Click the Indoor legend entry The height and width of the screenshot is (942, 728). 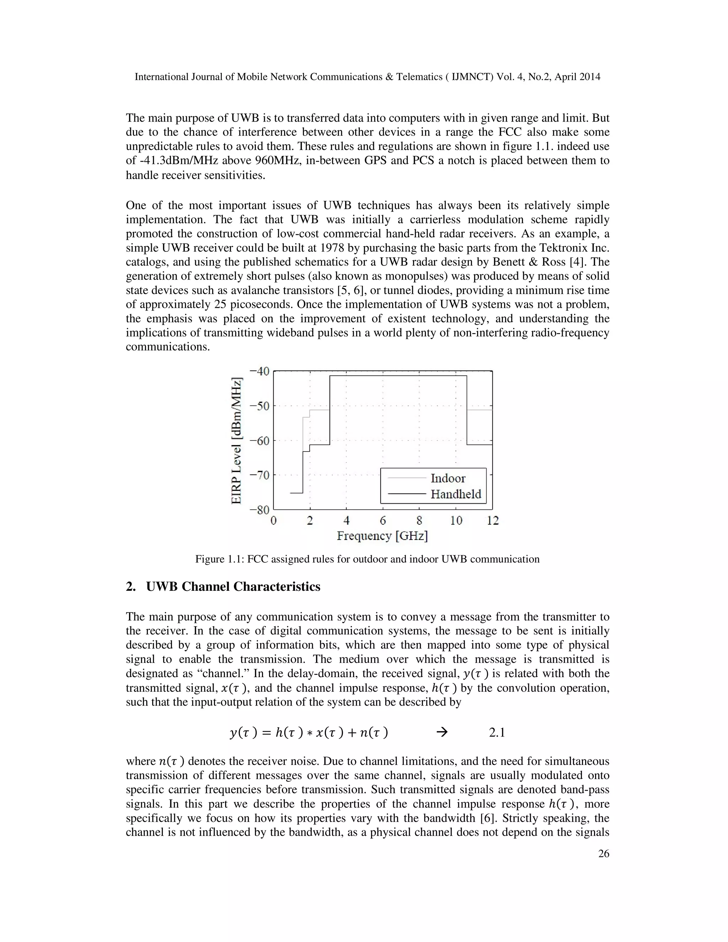pyautogui.click(x=448, y=478)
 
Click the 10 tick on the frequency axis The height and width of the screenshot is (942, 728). pyautogui.click(x=456, y=521)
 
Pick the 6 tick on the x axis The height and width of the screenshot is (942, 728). pyautogui.click(x=383, y=521)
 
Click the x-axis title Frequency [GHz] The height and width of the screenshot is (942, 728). pyautogui.click(x=382, y=536)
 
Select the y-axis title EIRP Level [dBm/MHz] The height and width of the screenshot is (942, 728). pyautogui.click(x=236, y=441)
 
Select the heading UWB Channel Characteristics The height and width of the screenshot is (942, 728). pyautogui.click(x=233, y=587)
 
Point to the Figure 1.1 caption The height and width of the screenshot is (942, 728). pyautogui.click(x=367, y=560)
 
